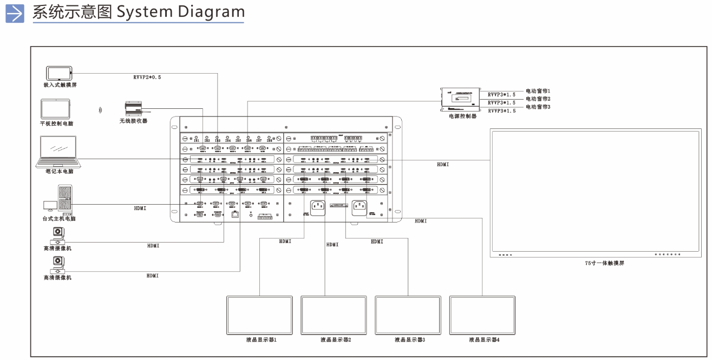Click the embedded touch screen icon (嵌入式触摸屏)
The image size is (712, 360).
tap(59, 73)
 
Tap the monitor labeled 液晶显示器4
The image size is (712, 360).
tap(483, 315)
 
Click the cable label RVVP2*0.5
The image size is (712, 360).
tap(147, 77)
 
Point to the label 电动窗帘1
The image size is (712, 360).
tap(538, 91)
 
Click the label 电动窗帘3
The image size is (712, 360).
tap(538, 107)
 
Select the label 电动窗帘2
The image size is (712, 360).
tap(538, 99)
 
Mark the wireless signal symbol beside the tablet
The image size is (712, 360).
tap(100, 110)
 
